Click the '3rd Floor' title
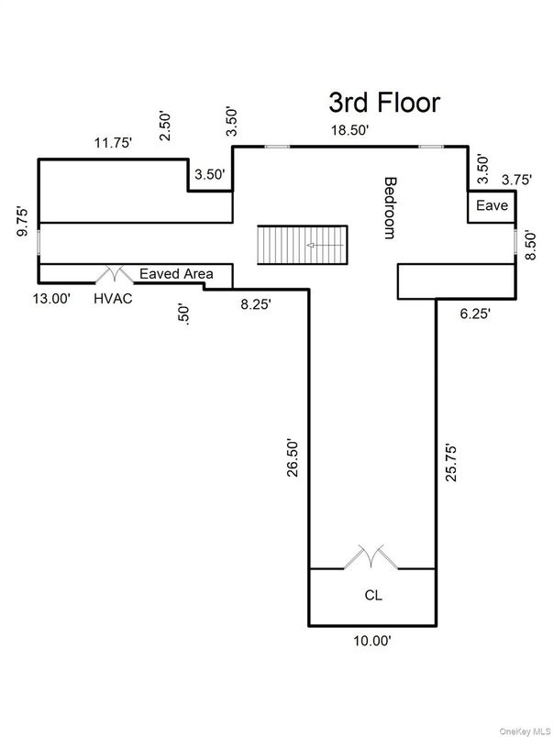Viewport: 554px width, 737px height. [384, 102]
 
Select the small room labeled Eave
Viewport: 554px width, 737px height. [491, 206]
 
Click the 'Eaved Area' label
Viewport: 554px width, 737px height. [176, 273]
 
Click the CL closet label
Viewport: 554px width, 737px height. [372, 595]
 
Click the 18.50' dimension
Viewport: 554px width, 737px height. [350, 131]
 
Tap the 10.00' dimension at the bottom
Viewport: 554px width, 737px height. [371, 642]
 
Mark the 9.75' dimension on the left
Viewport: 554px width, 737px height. [24, 222]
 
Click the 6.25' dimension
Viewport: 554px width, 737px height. [474, 314]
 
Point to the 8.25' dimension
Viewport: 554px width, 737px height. [255, 303]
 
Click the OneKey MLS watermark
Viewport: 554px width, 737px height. [524, 730]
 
